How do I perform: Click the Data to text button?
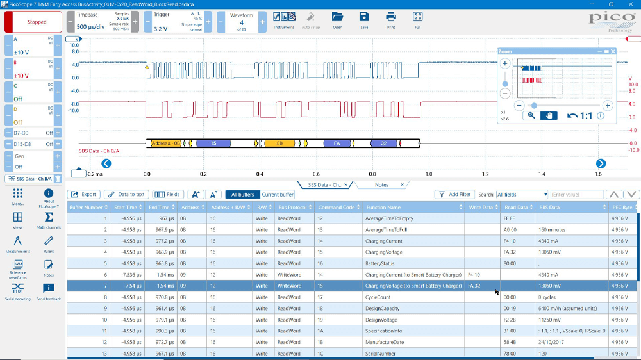click(x=126, y=194)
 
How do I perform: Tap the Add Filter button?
click(x=454, y=194)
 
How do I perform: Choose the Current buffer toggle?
click(x=278, y=194)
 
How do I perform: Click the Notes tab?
click(x=381, y=185)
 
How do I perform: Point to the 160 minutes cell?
click(x=552, y=229)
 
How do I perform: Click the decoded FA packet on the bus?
click(x=336, y=144)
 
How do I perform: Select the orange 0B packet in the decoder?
click(x=279, y=144)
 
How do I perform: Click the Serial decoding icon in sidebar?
click(x=18, y=290)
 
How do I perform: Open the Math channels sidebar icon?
click(x=49, y=220)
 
